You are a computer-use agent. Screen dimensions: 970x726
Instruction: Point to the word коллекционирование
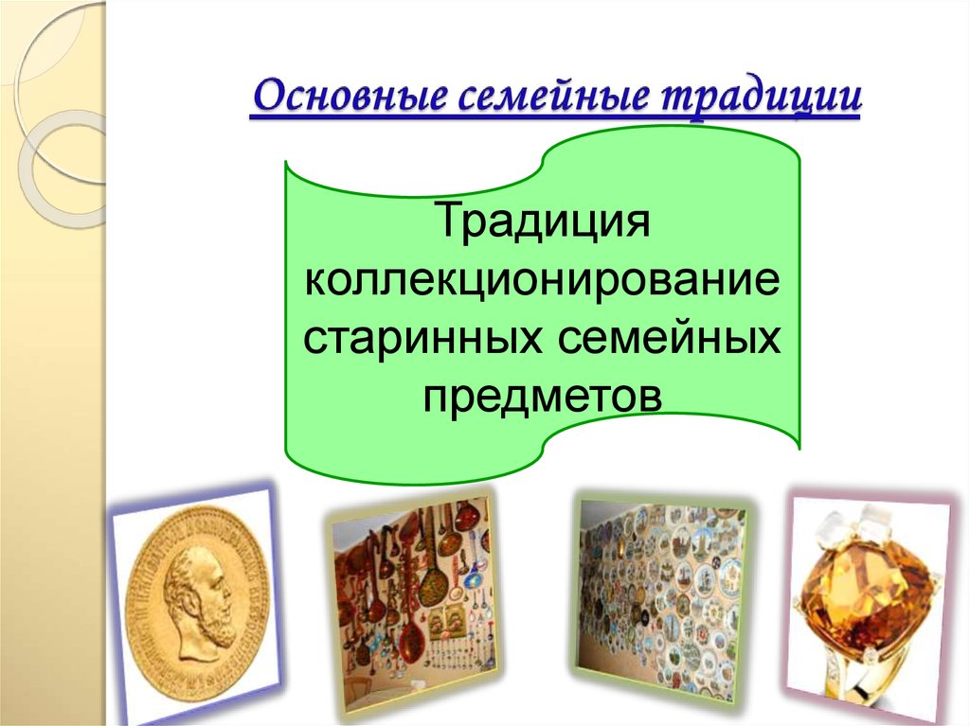pyautogui.click(x=543, y=281)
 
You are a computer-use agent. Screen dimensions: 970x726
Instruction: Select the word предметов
pyautogui.click(x=543, y=395)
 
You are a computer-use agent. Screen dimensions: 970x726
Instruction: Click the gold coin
pyautogui.click(x=198, y=600)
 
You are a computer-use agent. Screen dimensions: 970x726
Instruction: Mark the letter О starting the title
pyautogui.click(x=270, y=97)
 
